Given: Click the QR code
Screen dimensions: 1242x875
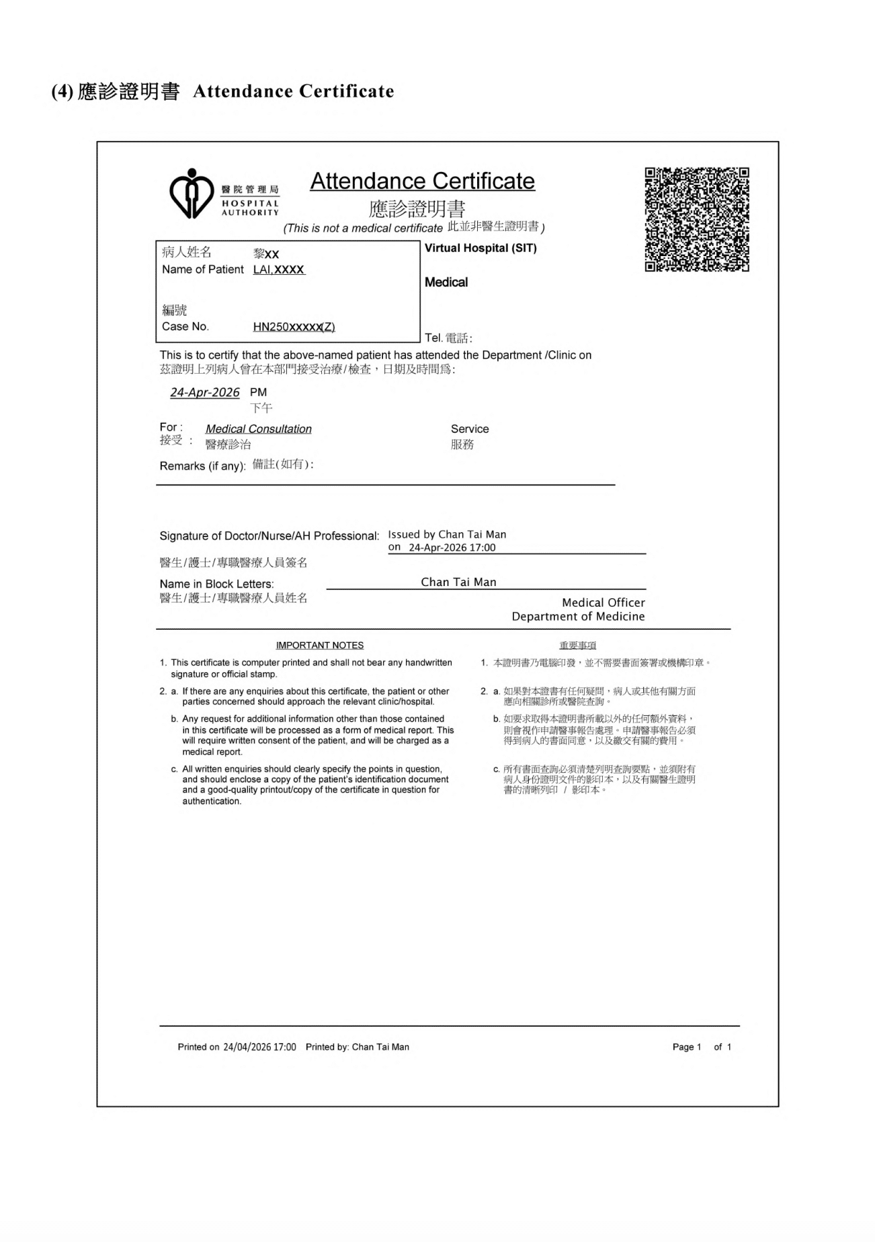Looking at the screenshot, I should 697,220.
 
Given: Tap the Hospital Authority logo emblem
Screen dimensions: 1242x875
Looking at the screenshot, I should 192,194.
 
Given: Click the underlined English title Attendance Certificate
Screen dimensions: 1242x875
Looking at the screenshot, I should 422,181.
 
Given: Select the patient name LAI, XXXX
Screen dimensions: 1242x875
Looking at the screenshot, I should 279,270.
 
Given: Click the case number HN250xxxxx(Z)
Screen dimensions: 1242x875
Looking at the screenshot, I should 294,327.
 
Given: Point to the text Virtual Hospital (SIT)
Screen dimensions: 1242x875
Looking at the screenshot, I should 481,248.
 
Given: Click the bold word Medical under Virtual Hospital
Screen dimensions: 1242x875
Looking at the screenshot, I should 446,282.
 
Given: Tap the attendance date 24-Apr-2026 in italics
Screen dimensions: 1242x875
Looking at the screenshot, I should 204,392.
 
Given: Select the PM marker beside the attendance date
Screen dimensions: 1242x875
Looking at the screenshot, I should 258,392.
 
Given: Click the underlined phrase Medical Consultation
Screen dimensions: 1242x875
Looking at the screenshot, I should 259,429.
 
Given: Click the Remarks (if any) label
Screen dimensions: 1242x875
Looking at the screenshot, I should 202,466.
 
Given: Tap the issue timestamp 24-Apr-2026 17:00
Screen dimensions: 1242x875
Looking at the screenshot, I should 452,548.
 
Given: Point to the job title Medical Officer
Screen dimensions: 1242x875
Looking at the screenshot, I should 603,603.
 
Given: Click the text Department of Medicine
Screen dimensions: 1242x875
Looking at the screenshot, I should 578,616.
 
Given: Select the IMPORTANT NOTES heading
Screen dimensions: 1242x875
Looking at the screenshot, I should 320,645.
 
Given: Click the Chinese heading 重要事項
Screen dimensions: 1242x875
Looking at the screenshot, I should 577,645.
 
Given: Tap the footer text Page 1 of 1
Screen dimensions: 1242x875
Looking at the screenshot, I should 702,1047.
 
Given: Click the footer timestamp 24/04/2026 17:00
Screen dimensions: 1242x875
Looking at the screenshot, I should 259,1047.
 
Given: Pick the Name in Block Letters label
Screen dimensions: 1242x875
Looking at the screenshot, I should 216,584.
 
